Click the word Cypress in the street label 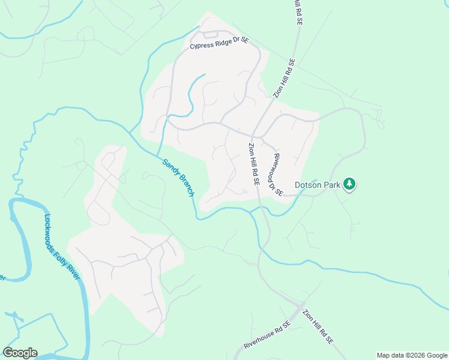(203, 46)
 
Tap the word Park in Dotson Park (333, 185)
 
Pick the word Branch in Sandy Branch (186, 185)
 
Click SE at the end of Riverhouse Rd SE (286, 324)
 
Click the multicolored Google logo (20, 353)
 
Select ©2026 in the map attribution (413, 355)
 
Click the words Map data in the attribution (390, 355)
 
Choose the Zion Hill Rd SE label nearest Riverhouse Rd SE (318, 327)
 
